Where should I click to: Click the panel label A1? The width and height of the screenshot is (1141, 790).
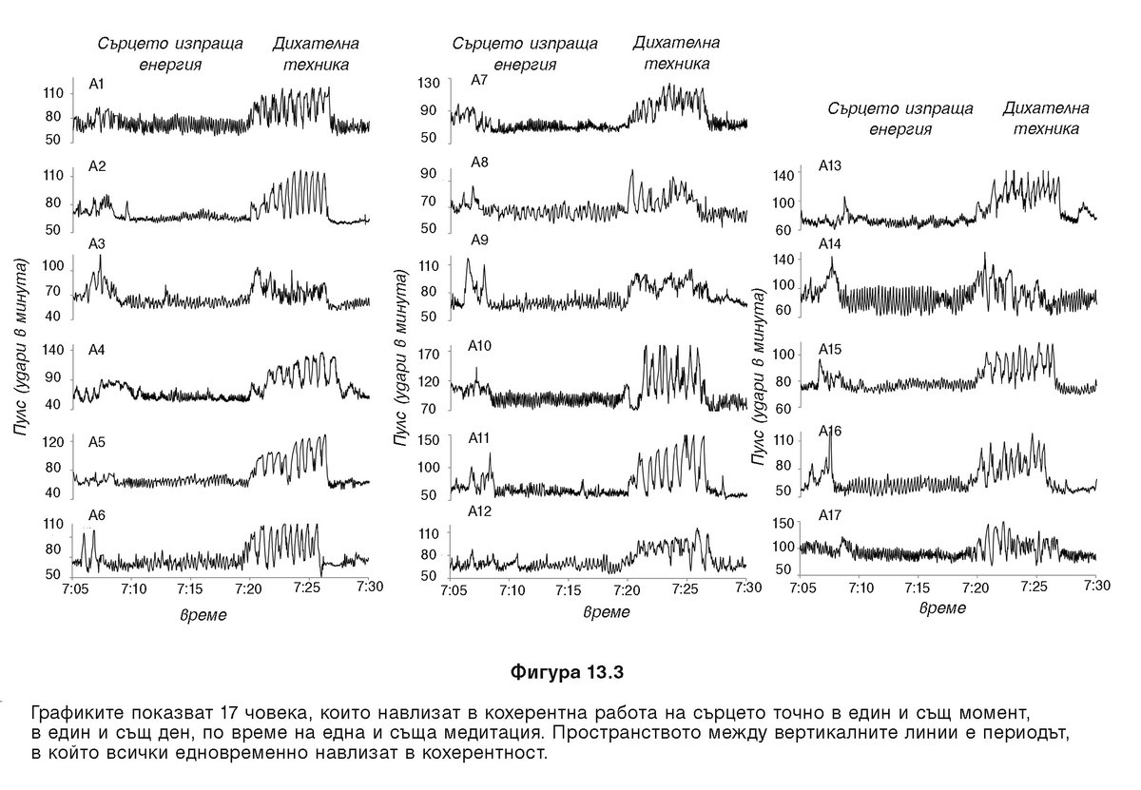pyautogui.click(x=97, y=85)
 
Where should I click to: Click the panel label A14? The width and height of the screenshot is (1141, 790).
pyautogui.click(x=831, y=244)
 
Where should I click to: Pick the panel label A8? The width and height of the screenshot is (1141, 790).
pyautogui.click(x=479, y=163)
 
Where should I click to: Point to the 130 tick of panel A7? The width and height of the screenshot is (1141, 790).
pyautogui.click(x=429, y=83)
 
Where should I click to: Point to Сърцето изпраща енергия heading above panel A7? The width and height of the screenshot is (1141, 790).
pyautogui.click(x=525, y=54)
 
